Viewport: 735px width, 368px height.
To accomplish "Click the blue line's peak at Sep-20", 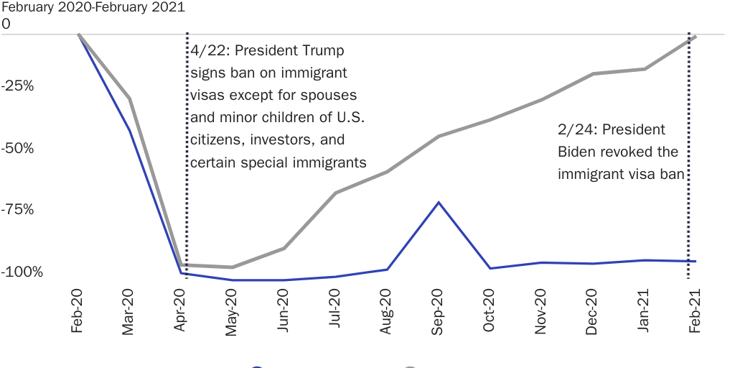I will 439,203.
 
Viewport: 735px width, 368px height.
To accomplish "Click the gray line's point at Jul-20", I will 335,193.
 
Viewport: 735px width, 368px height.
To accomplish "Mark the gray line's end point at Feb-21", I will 695,37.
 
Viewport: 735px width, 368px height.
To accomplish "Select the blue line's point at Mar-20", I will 129,130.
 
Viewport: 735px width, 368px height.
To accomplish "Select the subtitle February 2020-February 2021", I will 93,8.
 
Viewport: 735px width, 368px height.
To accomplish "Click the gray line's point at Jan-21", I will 644,69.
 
